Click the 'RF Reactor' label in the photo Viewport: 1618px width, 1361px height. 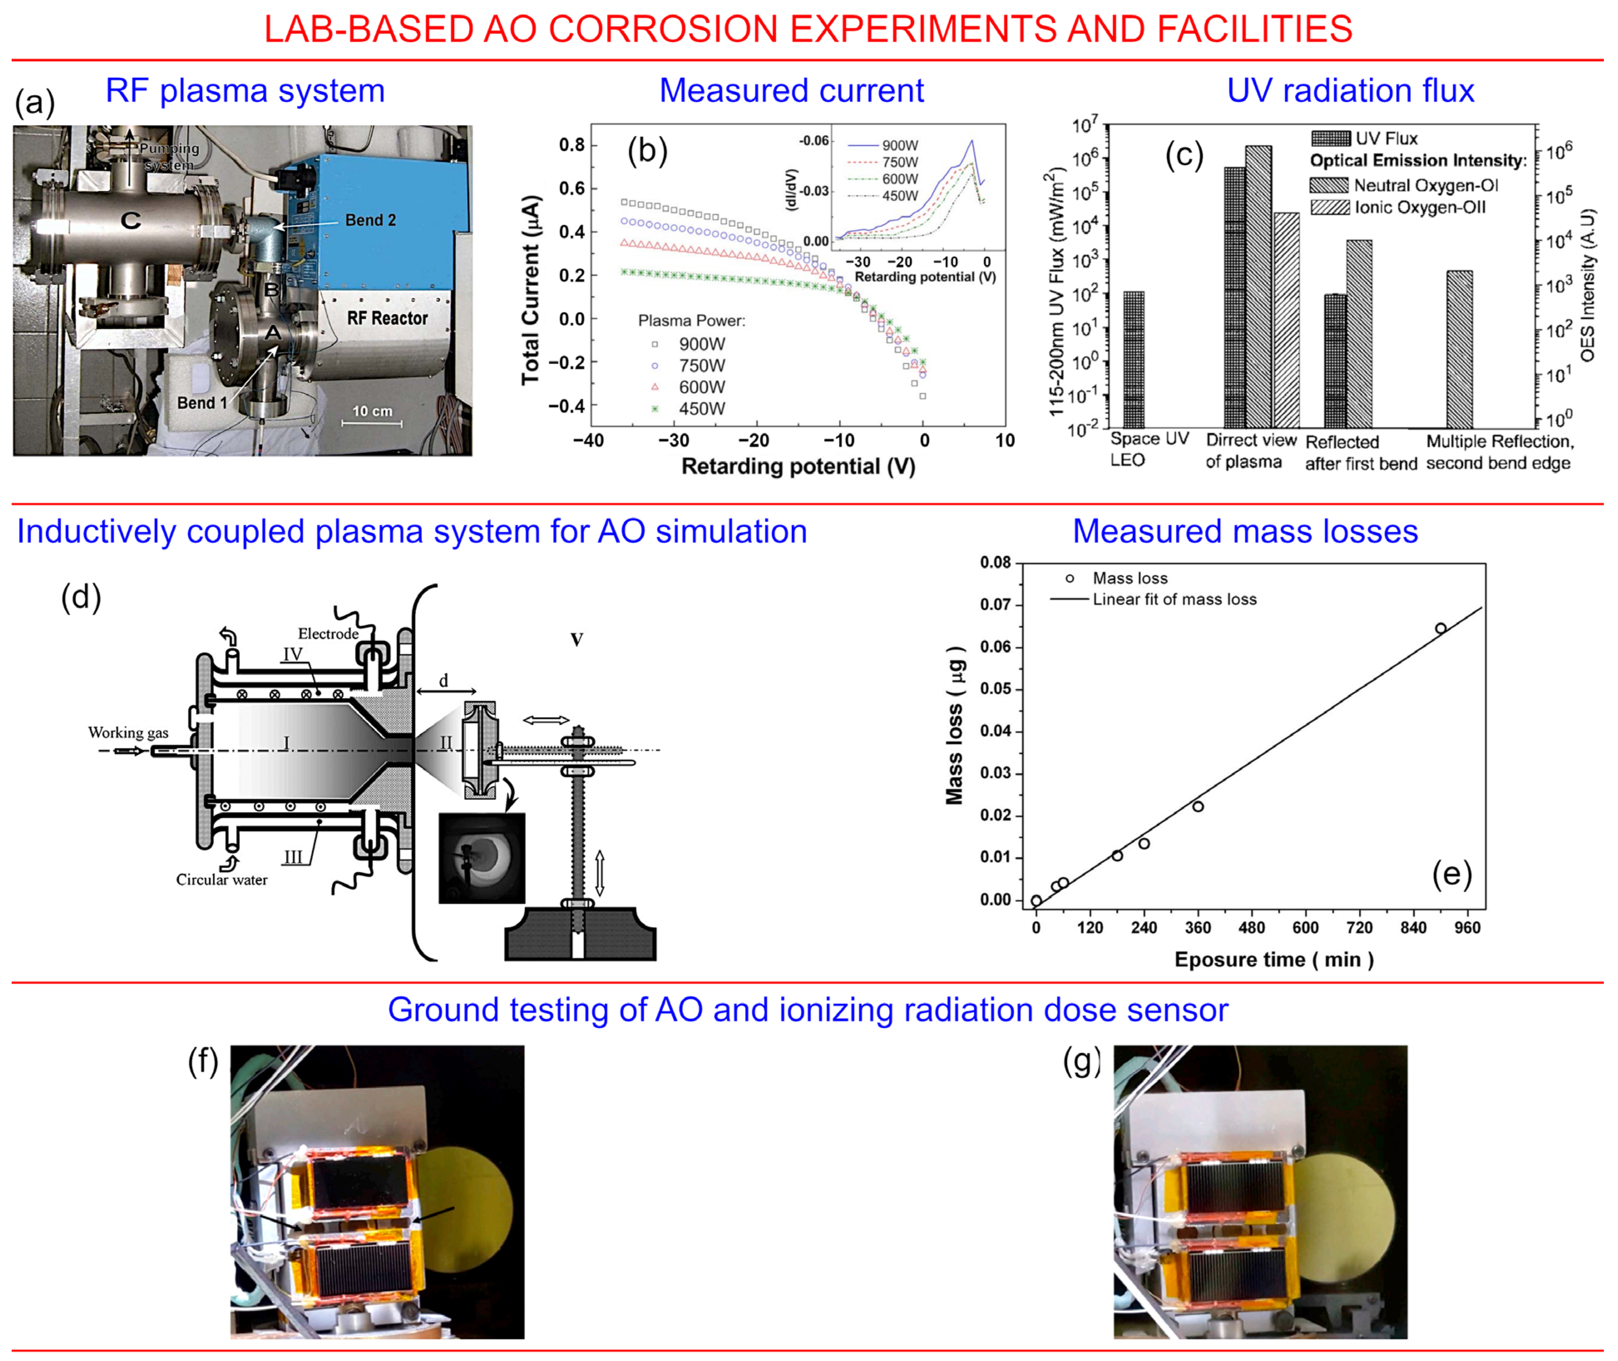tap(387, 318)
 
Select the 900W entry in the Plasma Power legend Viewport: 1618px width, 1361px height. tap(701, 344)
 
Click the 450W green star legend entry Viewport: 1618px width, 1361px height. tap(701, 409)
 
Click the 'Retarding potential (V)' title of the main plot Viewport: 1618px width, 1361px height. tap(798, 467)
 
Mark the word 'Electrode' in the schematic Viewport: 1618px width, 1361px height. tap(328, 633)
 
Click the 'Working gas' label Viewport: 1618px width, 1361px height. tap(128, 732)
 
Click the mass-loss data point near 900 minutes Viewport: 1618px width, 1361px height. tap(1440, 628)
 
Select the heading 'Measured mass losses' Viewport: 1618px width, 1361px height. tap(1245, 531)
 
